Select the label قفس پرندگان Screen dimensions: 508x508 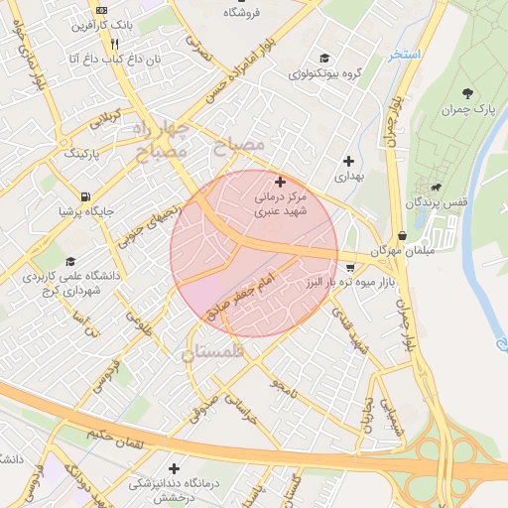point(436,202)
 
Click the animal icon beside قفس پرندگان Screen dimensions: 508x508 point(436,186)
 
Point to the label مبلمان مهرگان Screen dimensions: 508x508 point(402,252)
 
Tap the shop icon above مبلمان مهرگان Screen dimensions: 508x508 point(402,235)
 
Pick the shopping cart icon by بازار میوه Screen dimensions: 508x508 point(351,267)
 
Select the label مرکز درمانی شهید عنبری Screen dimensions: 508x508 point(281,204)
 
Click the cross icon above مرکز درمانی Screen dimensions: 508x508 point(281,182)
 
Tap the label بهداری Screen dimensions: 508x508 point(348,176)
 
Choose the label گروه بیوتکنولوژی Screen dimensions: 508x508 point(324,73)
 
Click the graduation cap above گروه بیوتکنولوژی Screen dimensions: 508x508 point(324,57)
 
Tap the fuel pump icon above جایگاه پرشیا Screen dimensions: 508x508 point(87,194)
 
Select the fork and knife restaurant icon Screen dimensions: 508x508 point(114,44)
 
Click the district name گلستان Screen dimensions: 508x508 point(212,351)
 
